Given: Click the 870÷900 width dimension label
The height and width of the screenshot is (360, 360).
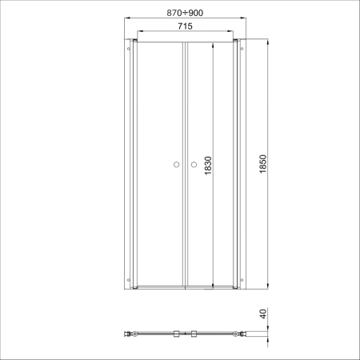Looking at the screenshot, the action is (x=185, y=13).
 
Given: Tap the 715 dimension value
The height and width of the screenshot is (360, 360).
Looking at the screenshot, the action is (x=185, y=26).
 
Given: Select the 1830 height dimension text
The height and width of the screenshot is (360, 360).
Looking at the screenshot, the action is (x=208, y=166).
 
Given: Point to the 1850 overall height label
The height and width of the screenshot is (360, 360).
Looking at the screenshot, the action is (x=263, y=164).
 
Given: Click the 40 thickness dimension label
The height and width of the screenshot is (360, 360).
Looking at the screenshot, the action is (x=263, y=314).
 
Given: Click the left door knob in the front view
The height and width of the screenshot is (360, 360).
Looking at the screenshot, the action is (x=176, y=165).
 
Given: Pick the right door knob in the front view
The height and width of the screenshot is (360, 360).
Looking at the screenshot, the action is (x=194, y=165).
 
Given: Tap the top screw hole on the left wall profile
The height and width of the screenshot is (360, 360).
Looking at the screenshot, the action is (x=129, y=49).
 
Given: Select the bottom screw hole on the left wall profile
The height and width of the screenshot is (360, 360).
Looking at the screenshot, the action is (x=129, y=280).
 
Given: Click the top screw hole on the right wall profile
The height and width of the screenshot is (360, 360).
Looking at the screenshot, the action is (x=242, y=49).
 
